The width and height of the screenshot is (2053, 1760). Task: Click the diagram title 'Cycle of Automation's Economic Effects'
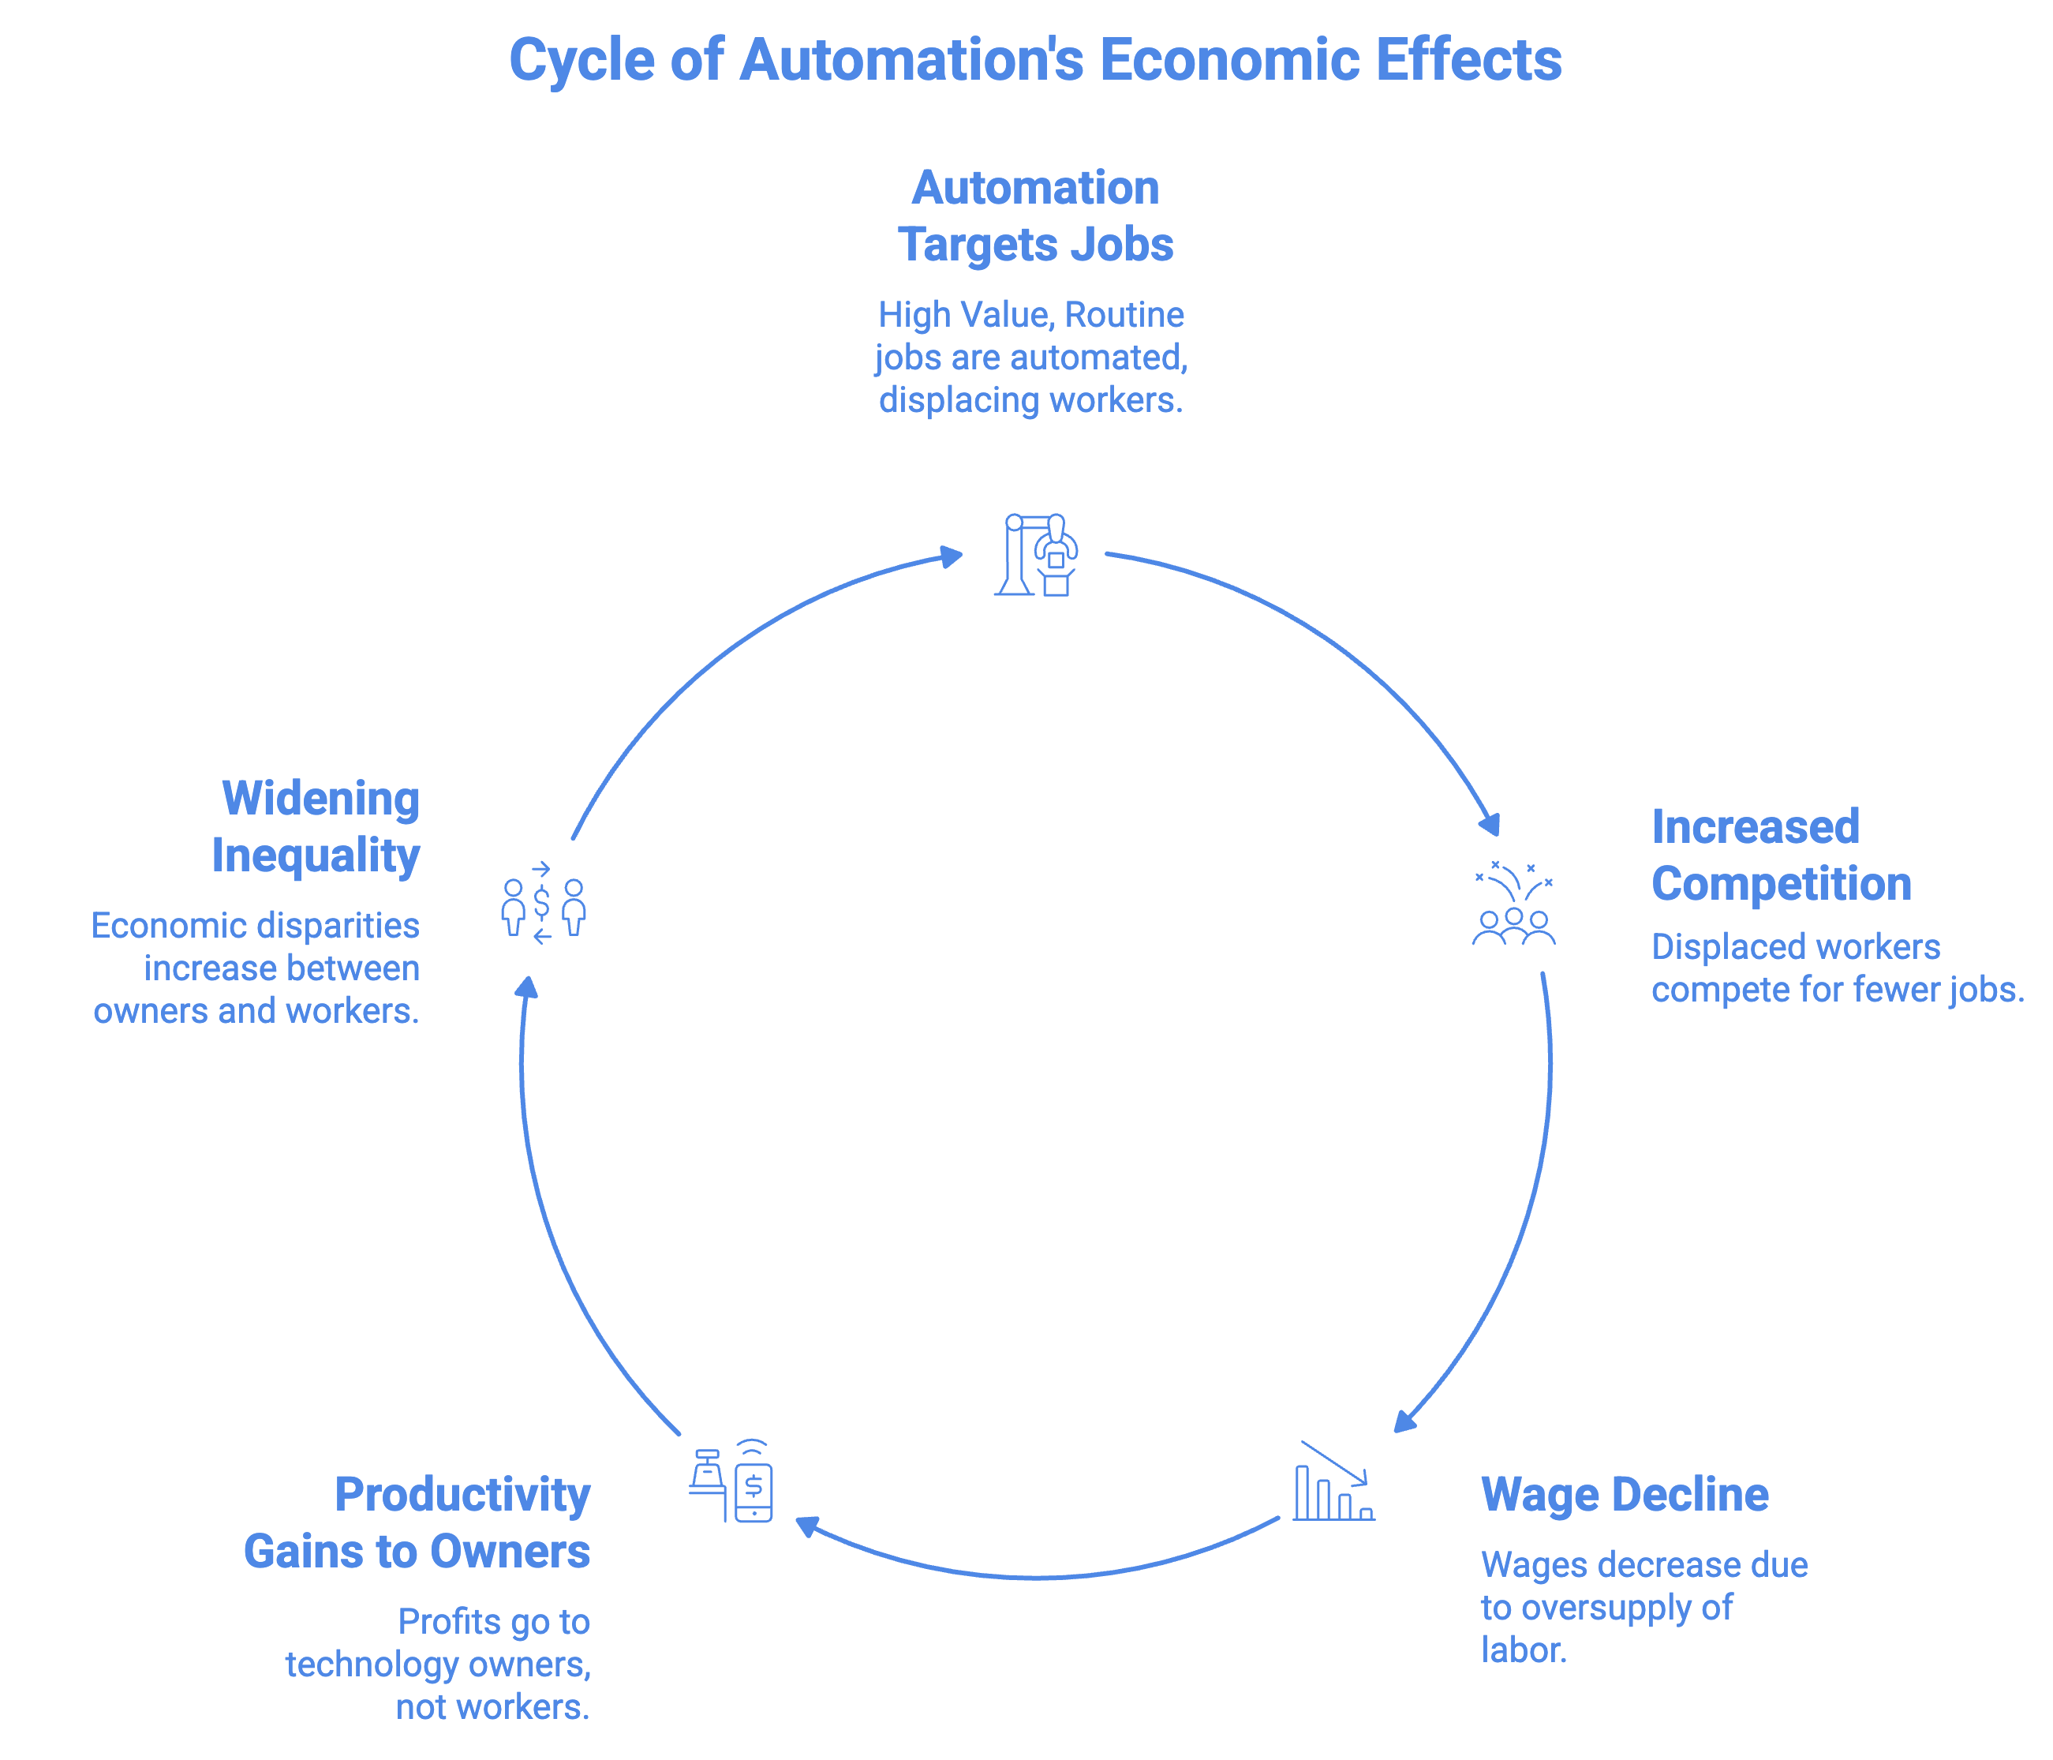point(1034,59)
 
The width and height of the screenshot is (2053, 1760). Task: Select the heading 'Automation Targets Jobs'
point(1034,216)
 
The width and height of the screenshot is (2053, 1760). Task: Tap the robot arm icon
point(1037,555)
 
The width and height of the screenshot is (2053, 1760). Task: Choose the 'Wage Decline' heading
point(1624,1494)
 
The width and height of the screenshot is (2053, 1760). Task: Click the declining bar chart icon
point(1333,1481)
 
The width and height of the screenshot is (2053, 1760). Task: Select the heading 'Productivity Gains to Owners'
point(417,1523)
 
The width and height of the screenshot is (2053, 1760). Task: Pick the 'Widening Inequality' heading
point(317,826)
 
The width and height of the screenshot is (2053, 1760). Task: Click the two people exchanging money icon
point(543,904)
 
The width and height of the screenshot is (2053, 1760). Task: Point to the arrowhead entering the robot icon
point(952,555)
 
